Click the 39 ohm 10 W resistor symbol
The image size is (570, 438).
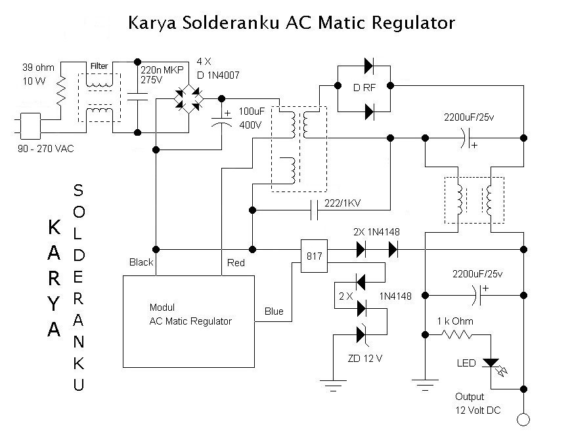[61, 92]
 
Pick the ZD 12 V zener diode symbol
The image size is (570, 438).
[361, 334]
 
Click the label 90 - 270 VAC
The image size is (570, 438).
[47, 149]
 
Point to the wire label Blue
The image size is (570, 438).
[274, 311]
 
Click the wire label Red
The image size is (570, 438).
[235, 263]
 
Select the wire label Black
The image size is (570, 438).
[141, 262]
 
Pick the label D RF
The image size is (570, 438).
[362, 87]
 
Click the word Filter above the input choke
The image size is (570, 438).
[99, 66]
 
